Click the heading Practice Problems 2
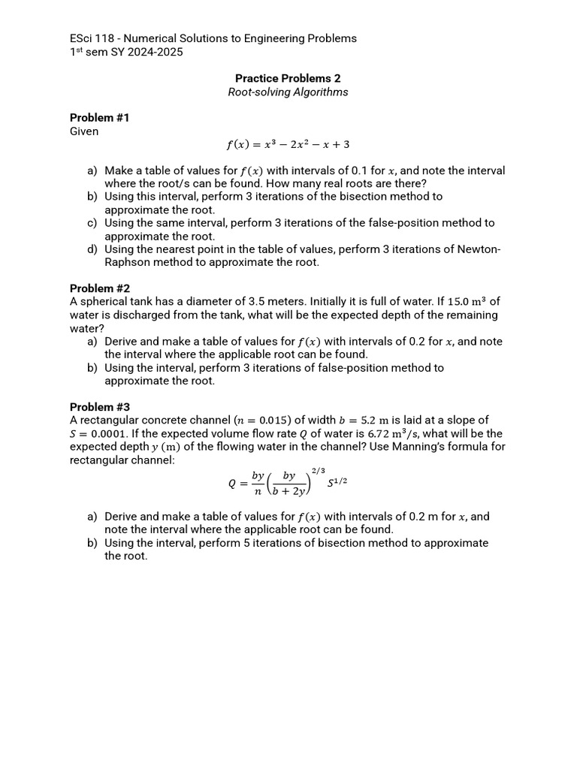tap(288, 78)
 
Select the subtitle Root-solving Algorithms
tap(288, 92)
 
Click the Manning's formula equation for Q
tap(288, 483)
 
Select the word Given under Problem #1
tap(84, 131)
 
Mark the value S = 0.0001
tap(101, 434)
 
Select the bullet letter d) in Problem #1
tap(92, 249)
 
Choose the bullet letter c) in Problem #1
tap(92, 223)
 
